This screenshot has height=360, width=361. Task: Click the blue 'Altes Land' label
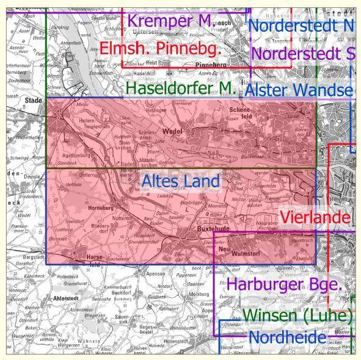[180, 181]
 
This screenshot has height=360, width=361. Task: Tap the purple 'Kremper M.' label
[169, 21]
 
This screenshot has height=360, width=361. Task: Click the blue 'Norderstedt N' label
[301, 26]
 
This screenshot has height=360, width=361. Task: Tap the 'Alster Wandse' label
[299, 90]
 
